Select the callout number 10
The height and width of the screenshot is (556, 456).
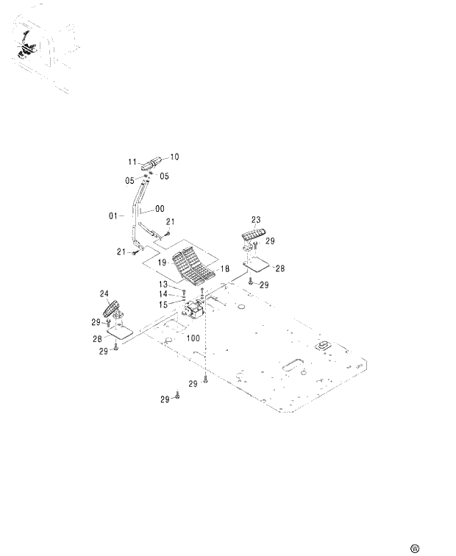coord(175,156)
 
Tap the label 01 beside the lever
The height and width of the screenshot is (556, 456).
coord(113,216)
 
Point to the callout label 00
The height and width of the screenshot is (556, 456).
coord(160,209)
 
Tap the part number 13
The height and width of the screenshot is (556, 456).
coord(164,284)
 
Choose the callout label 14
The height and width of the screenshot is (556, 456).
coord(164,293)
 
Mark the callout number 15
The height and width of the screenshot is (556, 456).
coord(164,303)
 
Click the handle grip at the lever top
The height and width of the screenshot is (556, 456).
coord(153,163)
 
